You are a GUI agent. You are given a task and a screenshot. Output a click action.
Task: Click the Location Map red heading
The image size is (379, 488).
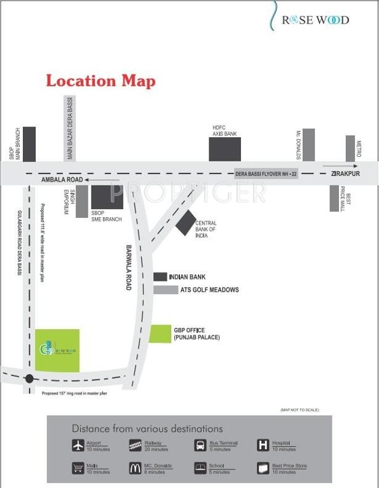[100, 81]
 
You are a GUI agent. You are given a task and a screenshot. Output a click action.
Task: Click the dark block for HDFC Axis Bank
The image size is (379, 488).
[225, 149]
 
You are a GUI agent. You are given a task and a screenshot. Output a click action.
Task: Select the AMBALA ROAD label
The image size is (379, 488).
[52, 181]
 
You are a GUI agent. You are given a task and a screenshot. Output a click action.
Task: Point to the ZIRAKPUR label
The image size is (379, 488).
[345, 173]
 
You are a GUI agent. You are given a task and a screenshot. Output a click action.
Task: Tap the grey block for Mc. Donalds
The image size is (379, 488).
[308, 145]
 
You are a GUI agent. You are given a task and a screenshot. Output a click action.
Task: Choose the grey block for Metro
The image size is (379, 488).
[350, 148]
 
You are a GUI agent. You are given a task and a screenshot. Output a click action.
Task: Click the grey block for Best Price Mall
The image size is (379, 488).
[334, 198]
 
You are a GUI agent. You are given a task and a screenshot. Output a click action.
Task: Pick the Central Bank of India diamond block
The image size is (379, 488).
[186, 222]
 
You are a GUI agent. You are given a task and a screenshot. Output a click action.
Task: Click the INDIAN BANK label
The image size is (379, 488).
[188, 277]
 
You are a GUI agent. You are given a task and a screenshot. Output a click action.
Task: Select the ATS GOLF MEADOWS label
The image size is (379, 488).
[207, 290]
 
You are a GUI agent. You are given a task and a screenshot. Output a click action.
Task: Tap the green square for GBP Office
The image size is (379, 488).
[160, 333]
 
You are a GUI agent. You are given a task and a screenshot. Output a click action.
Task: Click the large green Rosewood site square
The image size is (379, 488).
[57, 350]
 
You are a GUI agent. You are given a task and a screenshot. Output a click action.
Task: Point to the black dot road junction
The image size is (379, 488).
[29, 379]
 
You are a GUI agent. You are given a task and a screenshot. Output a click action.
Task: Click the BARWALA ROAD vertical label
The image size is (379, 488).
[128, 268]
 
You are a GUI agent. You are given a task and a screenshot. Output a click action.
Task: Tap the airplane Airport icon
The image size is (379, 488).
[78, 445]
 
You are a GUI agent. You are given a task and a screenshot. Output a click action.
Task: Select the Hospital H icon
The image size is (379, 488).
[263, 445]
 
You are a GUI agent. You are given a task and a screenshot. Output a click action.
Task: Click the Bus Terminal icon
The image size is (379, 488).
[200, 445]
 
